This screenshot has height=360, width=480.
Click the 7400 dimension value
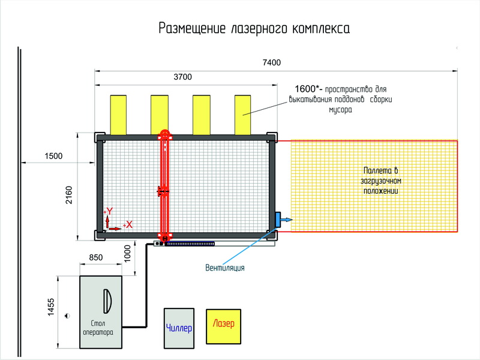pyautogui.click(x=272, y=62)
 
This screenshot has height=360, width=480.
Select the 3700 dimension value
pyautogui.click(x=183, y=77)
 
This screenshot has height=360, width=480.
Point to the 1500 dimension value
pyautogui.click(x=53, y=156)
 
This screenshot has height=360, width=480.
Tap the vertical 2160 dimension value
pyautogui.click(x=69, y=195)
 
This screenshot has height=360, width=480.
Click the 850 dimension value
pyautogui.click(x=96, y=258)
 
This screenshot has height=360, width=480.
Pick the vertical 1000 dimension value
pyautogui.click(x=127, y=253)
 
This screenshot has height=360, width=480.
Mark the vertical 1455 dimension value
pyautogui.click(x=51, y=307)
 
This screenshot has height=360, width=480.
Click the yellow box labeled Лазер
pyautogui.click(x=223, y=326)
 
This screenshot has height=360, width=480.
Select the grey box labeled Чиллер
pyautogui.click(x=179, y=328)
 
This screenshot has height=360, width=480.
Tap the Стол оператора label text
pyautogui.click(x=98, y=328)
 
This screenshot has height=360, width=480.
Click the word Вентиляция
pyautogui.click(x=225, y=268)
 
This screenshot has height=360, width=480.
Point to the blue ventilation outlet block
pyautogui.click(x=278, y=220)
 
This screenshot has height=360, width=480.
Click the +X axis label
pyautogui.click(x=128, y=224)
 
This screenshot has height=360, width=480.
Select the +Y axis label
pyautogui.click(x=109, y=211)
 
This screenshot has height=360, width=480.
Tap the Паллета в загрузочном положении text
pyautogui.click(x=381, y=181)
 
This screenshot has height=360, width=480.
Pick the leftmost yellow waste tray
pyautogui.click(x=118, y=115)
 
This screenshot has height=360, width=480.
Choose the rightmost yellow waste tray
pyautogui.click(x=243, y=115)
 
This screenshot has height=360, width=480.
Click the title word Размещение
pyautogui.click(x=192, y=28)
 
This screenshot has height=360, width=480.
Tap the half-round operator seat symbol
pyautogui.click(x=107, y=301)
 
